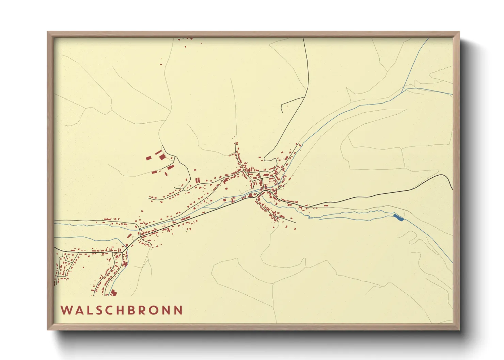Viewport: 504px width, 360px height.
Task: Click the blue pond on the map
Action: pos(398,217)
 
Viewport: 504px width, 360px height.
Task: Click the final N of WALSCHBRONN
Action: pos(178,310)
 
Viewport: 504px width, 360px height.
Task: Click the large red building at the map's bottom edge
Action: pos(113,292)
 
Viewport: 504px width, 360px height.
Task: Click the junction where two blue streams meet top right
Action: pos(403,89)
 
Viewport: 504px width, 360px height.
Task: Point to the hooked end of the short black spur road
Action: pos(282,112)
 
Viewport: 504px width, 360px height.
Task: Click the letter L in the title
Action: pos(90,310)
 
